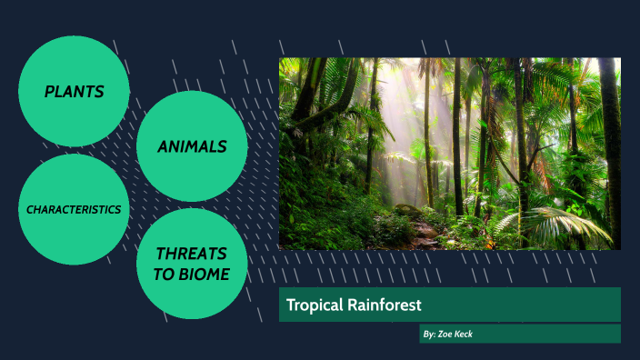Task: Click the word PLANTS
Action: [x=74, y=92]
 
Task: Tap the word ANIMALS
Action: [x=192, y=146]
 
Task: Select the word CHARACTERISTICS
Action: [x=74, y=209]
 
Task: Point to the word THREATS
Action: [x=192, y=254]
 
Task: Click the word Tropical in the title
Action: [x=314, y=305]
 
